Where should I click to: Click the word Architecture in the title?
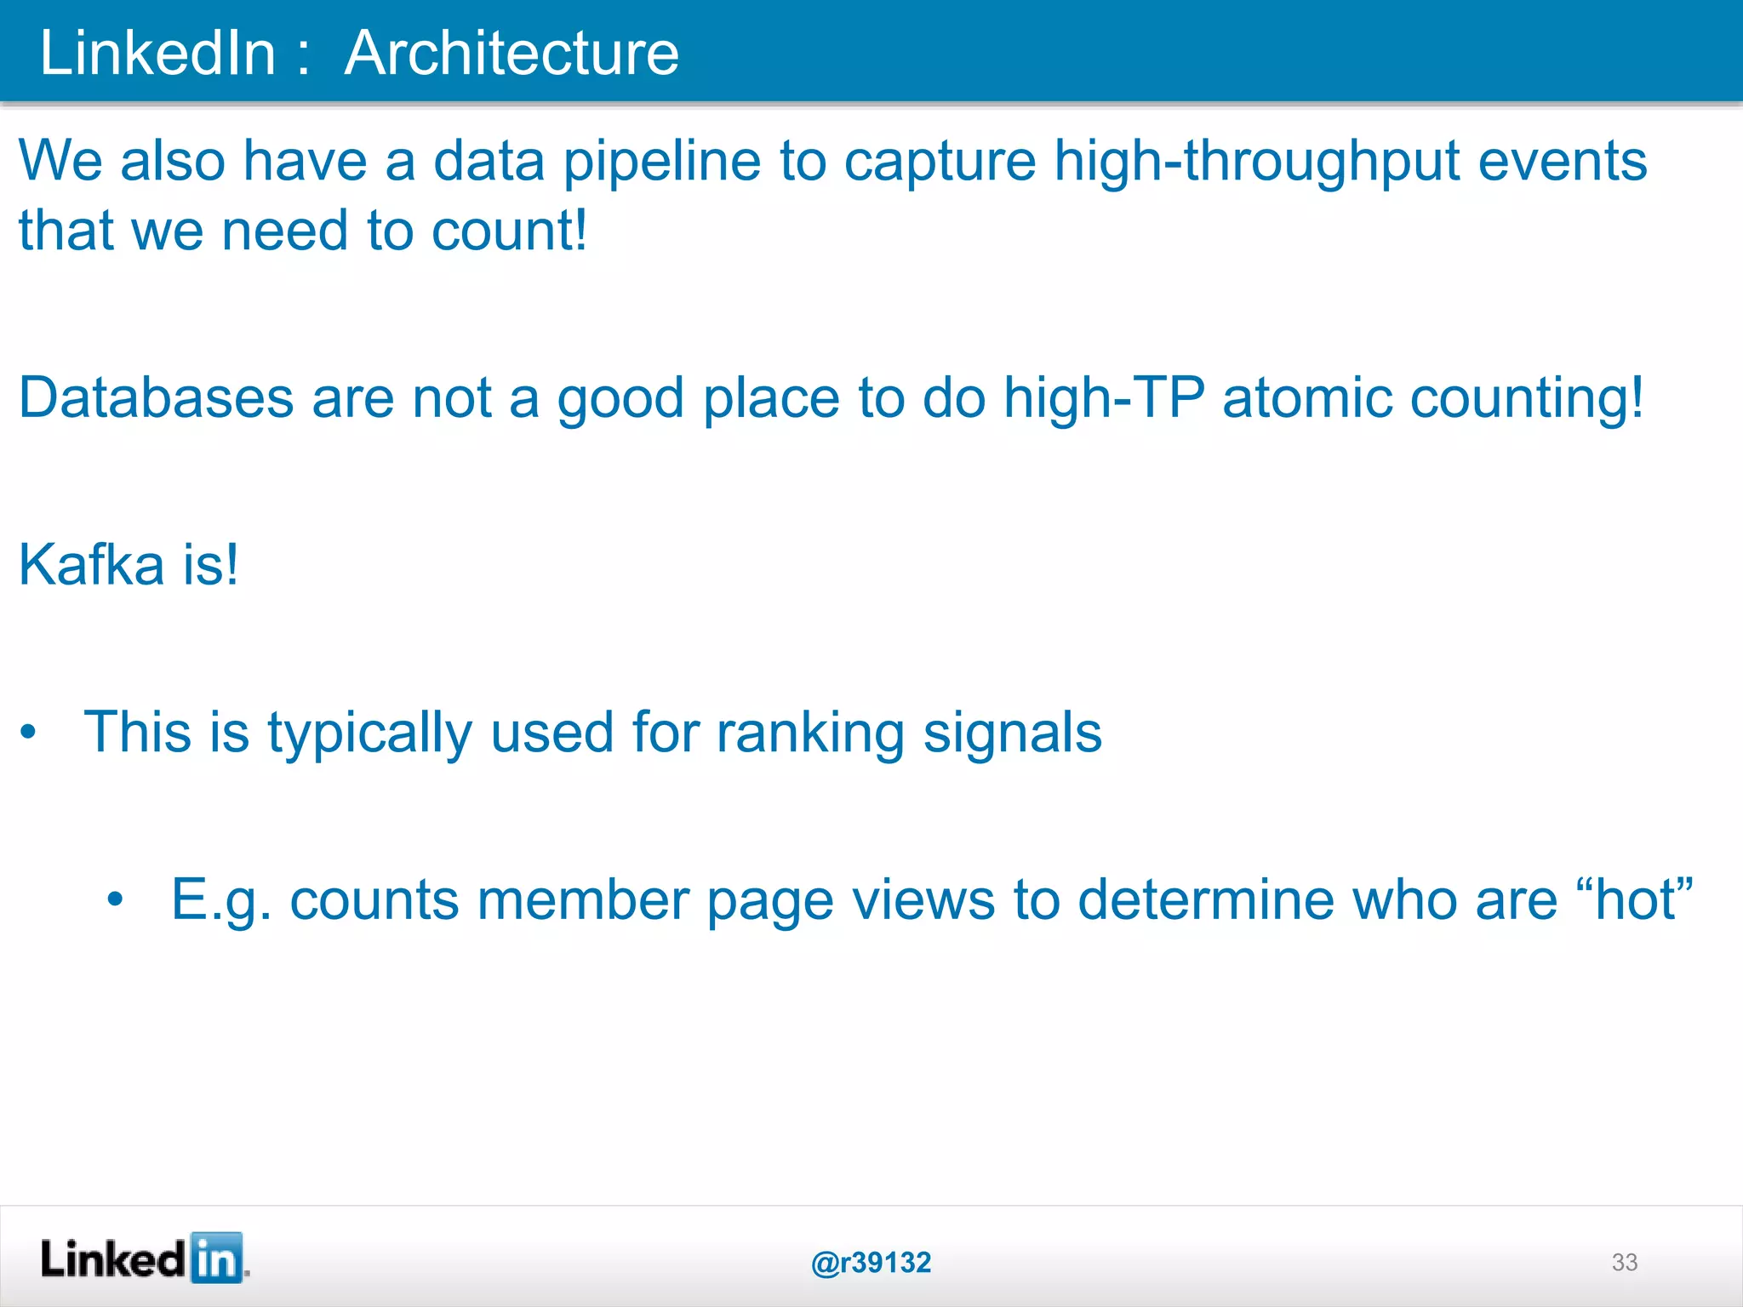point(511,53)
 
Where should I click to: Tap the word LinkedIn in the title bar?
point(158,53)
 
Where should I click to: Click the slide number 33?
point(1624,1262)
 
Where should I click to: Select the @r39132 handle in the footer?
point(871,1263)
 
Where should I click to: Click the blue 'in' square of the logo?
point(216,1258)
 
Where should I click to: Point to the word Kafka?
point(91,564)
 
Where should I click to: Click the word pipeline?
point(662,161)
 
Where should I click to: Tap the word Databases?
point(156,397)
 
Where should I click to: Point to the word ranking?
point(810,733)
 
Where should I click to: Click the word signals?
point(1012,733)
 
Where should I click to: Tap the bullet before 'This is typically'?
point(29,732)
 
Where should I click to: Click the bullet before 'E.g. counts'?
point(116,899)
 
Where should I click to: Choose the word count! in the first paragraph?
point(509,231)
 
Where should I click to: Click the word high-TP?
point(1104,397)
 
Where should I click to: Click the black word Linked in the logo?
point(113,1259)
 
